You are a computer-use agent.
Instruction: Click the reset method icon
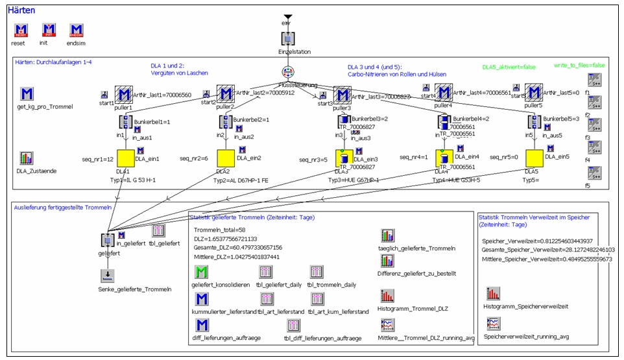[x=21, y=30]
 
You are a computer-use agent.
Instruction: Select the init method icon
[x=49, y=30]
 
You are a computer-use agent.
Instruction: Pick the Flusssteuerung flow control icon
[x=288, y=73]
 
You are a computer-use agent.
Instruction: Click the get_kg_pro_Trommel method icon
[x=27, y=94]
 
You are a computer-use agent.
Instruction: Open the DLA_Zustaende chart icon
[x=27, y=158]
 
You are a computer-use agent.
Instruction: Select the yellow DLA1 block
[x=125, y=158]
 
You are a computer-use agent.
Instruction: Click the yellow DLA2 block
[x=226, y=158]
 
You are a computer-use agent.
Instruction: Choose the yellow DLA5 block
[x=534, y=158]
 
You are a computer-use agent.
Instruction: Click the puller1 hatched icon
[x=124, y=95]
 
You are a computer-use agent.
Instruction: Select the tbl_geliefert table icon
[x=158, y=231]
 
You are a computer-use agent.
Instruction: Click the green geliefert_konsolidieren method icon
[x=202, y=270]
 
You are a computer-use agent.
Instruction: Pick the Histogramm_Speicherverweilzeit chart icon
[x=492, y=293]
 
